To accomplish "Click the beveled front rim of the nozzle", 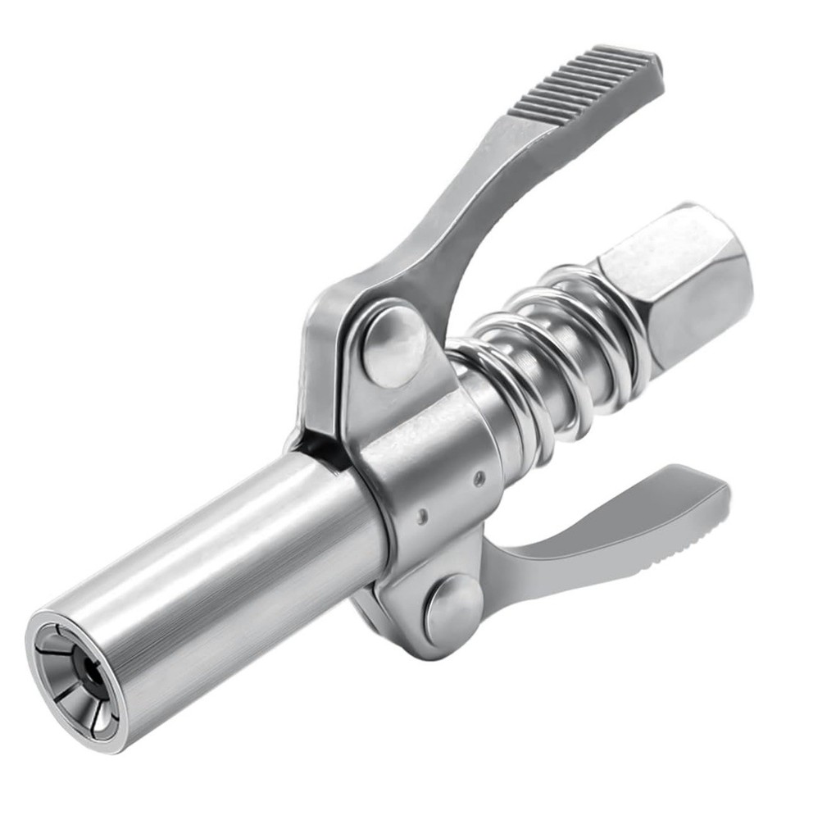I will pyautogui.click(x=49, y=656).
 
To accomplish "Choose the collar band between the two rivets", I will pyautogui.click(x=434, y=484).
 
